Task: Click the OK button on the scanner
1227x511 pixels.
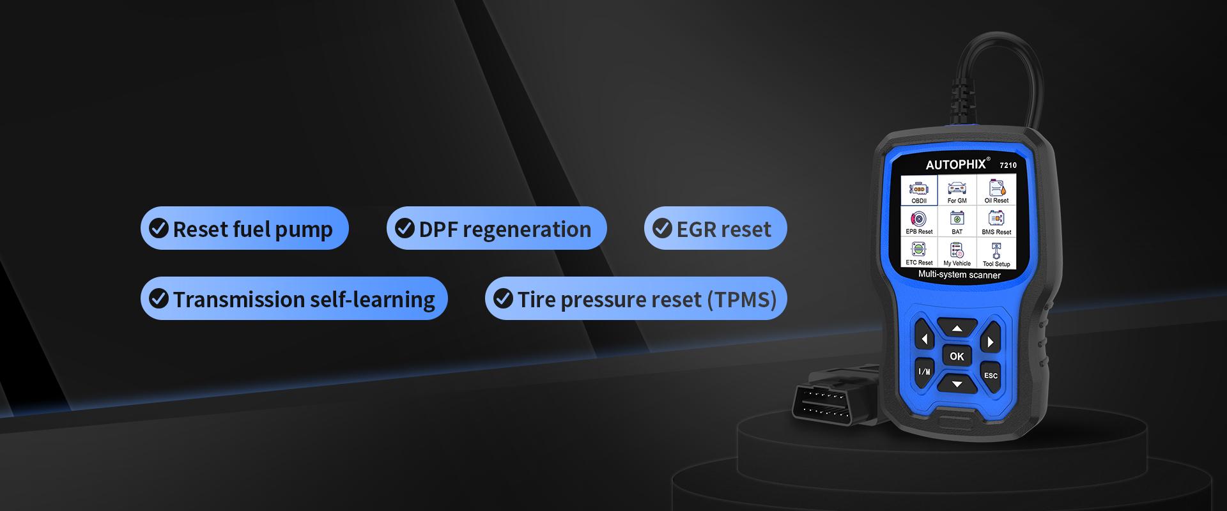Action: tap(957, 356)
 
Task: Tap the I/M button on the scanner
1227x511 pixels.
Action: tap(924, 370)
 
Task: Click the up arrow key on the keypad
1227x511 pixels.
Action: tap(957, 329)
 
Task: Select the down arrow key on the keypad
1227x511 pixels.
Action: tap(957, 383)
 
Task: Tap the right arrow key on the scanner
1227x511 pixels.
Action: tap(990, 341)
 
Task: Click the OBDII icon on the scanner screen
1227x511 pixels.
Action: tap(919, 190)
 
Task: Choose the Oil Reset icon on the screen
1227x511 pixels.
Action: tap(996, 190)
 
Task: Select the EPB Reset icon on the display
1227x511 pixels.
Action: tap(919, 222)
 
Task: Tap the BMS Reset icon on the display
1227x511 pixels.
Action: tap(996, 222)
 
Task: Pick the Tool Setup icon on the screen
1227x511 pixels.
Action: tap(996, 254)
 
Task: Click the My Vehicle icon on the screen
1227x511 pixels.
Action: tap(957, 254)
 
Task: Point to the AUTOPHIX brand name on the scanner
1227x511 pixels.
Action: tap(956, 164)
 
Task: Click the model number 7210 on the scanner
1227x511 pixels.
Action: tap(1008, 165)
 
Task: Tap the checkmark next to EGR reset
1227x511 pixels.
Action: tap(661, 228)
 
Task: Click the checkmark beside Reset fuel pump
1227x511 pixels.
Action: tap(158, 228)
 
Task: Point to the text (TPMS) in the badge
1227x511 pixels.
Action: tap(741, 299)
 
